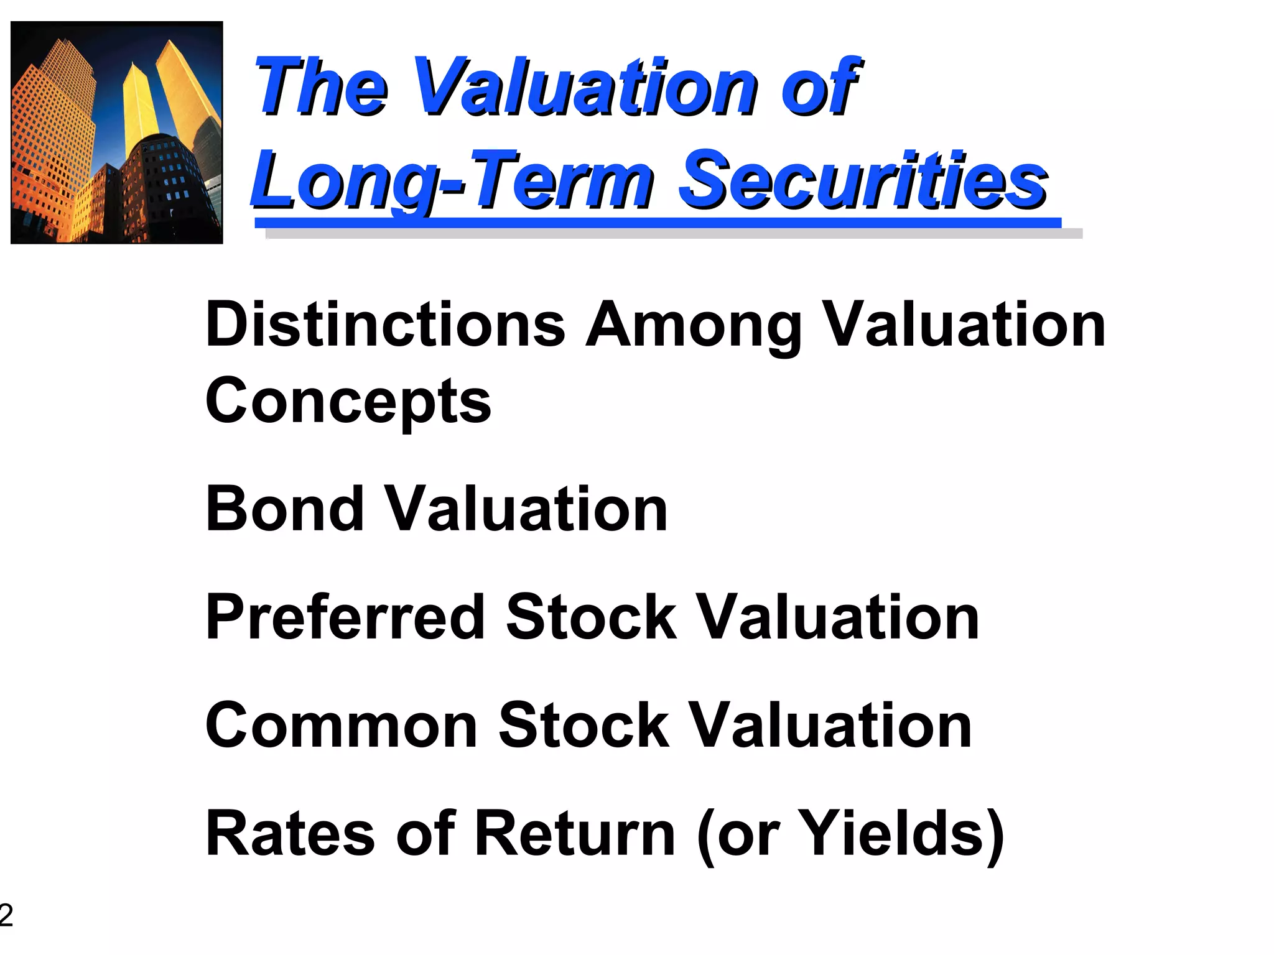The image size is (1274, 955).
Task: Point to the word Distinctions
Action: coord(385,325)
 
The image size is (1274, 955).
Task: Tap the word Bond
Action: coord(285,509)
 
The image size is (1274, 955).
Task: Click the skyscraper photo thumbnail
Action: coord(117,132)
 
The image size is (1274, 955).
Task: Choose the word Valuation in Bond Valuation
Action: coord(526,509)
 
